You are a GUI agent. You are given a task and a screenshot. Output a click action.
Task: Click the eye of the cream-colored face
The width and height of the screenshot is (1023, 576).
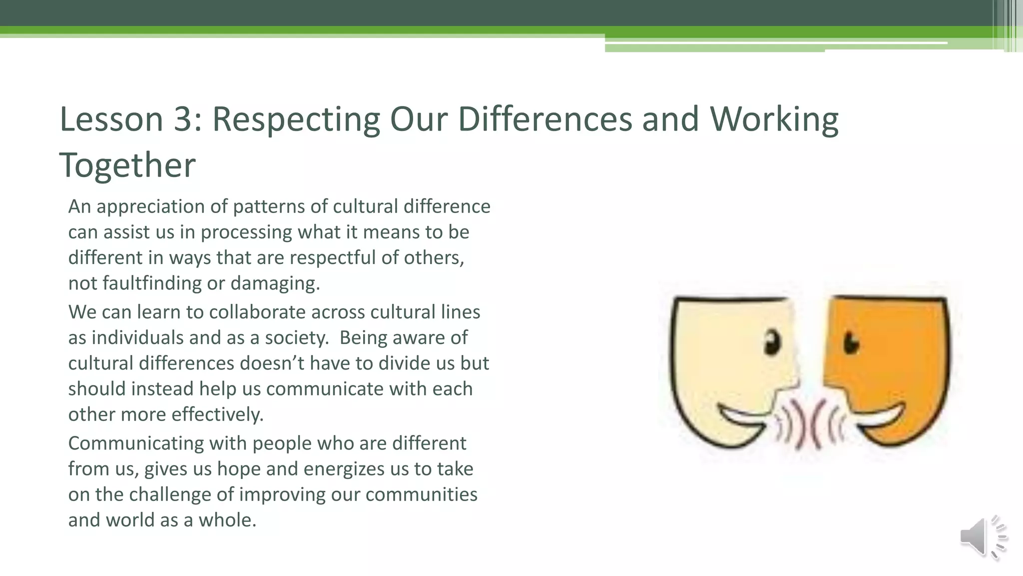click(x=772, y=342)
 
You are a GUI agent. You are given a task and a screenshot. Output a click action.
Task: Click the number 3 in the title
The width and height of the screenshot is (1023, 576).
click(x=183, y=119)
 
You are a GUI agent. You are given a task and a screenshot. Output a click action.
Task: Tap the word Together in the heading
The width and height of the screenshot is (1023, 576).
click(x=127, y=165)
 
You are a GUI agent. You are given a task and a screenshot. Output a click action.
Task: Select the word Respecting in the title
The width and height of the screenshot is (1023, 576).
click(x=296, y=120)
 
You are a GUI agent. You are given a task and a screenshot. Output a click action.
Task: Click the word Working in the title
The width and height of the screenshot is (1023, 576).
click(x=774, y=120)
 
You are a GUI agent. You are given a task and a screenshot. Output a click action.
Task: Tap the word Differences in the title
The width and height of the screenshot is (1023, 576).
click(x=545, y=119)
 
